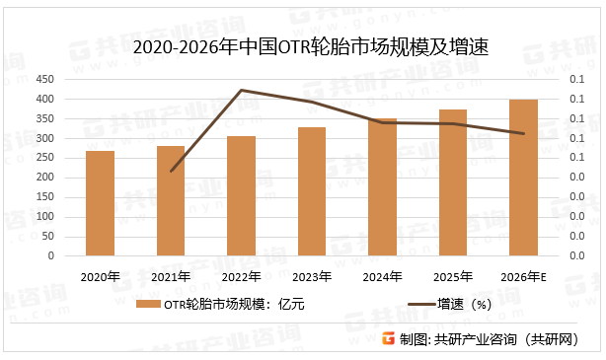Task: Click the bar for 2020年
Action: pyautogui.click(x=100, y=203)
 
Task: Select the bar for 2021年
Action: pyautogui.click(x=171, y=201)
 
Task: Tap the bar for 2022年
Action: pyautogui.click(x=242, y=196)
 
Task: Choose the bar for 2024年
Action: pyautogui.click(x=383, y=187)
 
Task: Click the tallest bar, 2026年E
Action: pyautogui.click(x=524, y=178)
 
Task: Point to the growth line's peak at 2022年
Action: pyautogui.click(x=242, y=91)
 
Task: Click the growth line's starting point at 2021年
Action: pyautogui.click(x=171, y=171)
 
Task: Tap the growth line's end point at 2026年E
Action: pyautogui.click(x=524, y=133)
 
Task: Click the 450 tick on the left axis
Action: pyautogui.click(x=44, y=80)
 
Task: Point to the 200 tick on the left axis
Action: pyautogui.click(x=44, y=178)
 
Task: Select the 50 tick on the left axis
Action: pyautogui.click(x=47, y=237)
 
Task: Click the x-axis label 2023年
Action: pyautogui.click(x=312, y=276)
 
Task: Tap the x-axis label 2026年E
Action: pyautogui.click(x=524, y=276)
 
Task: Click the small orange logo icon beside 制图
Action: pyautogui.click(x=388, y=338)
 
